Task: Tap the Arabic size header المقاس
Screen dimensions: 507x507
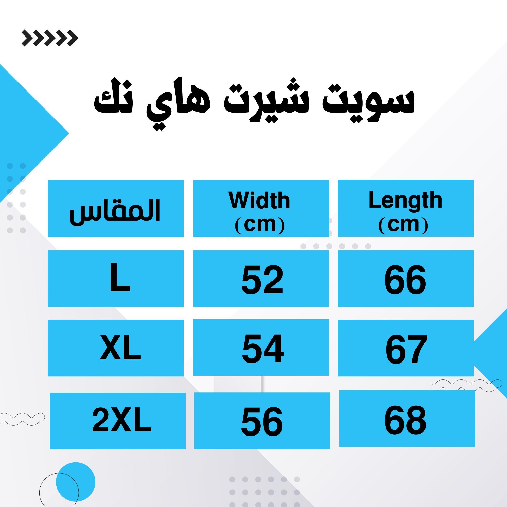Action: click(115, 211)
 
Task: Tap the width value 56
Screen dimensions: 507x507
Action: click(262, 422)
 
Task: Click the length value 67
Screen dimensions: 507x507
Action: click(407, 349)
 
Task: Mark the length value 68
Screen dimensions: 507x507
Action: click(406, 420)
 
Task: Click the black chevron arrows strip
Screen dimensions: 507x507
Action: click(50, 38)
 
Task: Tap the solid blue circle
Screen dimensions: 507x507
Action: click(76, 482)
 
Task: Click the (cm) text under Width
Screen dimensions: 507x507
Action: click(260, 225)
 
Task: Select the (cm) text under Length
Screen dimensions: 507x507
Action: click(403, 225)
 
